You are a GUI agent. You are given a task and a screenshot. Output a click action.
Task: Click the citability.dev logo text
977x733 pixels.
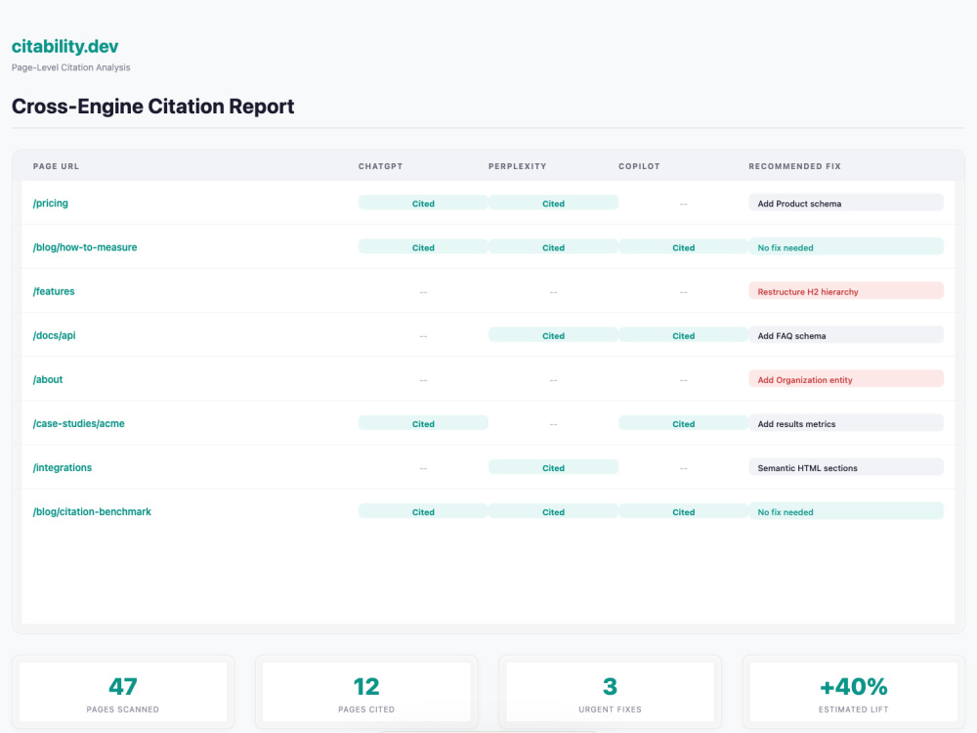(x=64, y=46)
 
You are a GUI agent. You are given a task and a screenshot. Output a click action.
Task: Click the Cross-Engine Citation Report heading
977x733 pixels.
(x=152, y=106)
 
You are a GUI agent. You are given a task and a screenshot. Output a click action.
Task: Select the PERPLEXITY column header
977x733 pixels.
(x=517, y=166)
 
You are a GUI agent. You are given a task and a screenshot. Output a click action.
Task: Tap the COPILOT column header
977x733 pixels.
(x=639, y=166)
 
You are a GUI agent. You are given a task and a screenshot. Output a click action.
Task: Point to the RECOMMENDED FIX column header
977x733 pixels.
(x=794, y=166)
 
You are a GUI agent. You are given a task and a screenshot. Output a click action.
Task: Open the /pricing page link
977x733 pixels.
(x=51, y=203)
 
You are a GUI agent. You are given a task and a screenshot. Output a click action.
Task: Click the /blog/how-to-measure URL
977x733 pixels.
(x=85, y=247)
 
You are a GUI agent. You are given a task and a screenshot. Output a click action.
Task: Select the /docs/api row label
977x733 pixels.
(x=54, y=335)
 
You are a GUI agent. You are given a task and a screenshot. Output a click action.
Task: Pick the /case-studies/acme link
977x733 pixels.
(x=78, y=424)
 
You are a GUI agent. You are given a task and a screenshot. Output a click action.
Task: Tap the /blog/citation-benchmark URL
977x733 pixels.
(x=92, y=512)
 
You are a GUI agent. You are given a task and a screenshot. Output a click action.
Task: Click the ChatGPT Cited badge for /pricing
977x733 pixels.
(x=423, y=203)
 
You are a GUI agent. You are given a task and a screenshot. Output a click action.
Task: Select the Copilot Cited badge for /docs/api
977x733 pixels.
(x=684, y=335)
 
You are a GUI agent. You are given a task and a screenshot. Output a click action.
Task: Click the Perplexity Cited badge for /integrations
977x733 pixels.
(x=553, y=467)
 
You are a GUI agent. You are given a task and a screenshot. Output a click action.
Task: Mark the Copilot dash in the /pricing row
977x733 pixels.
(x=684, y=204)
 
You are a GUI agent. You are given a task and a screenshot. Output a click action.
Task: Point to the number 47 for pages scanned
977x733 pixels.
(x=123, y=686)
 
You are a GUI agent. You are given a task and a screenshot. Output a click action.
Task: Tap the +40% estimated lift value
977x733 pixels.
(x=854, y=686)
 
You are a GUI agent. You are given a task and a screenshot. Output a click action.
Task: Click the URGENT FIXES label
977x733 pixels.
(x=610, y=710)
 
